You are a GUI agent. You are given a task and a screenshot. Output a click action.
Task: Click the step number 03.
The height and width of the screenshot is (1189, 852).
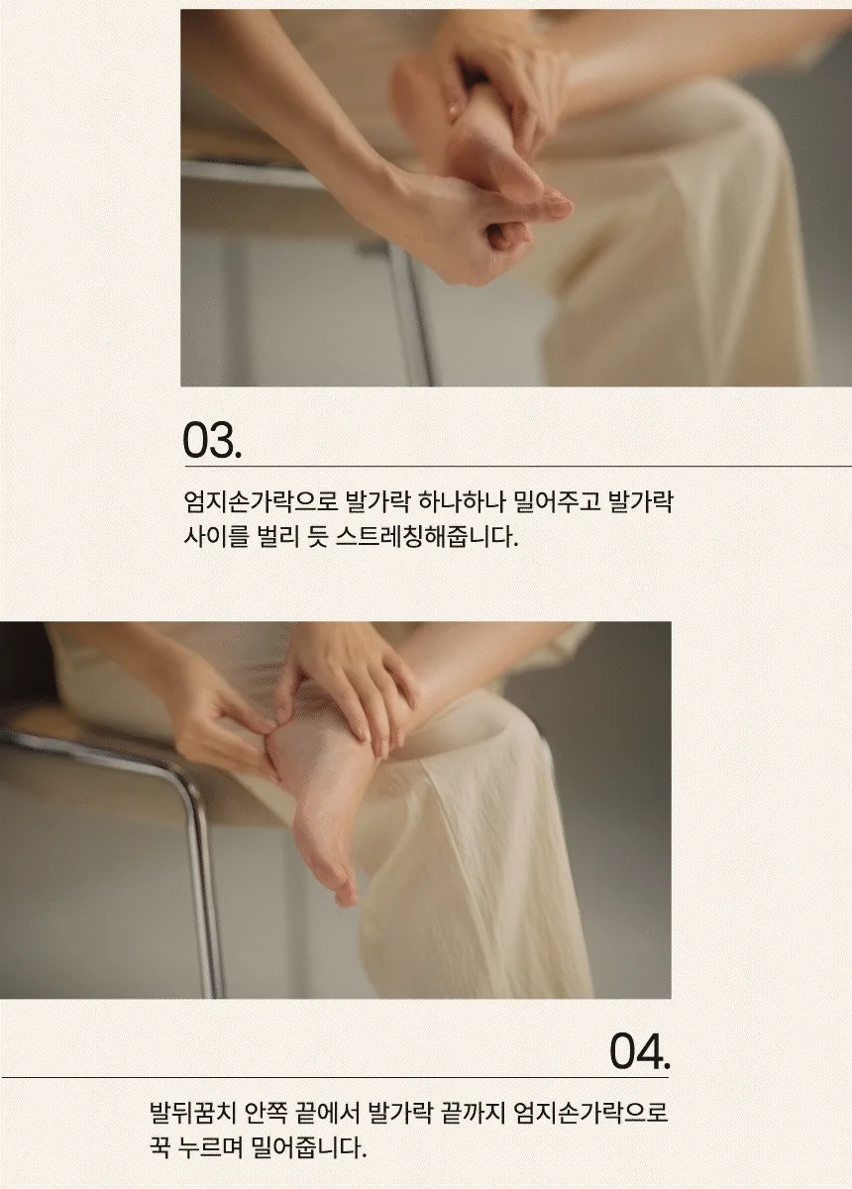(x=212, y=440)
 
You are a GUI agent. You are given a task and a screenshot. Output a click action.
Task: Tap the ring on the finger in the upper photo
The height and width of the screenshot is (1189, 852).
(x=454, y=111)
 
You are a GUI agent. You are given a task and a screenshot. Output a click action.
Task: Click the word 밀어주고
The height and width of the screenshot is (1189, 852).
(x=557, y=502)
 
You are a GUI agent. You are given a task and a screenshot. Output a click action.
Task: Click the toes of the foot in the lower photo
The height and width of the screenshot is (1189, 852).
(x=343, y=888)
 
